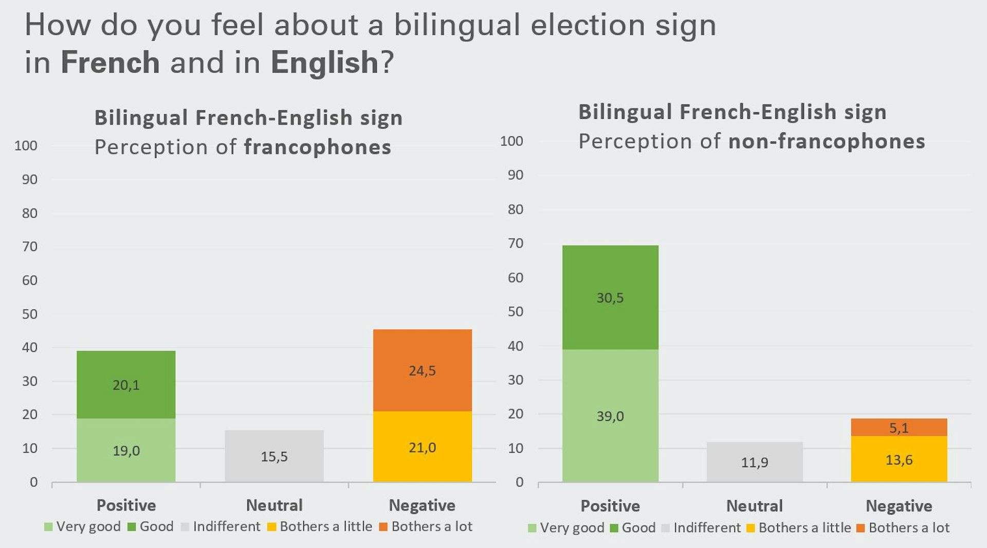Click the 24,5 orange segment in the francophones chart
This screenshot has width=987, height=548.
422,370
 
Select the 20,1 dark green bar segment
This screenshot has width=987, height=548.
126,385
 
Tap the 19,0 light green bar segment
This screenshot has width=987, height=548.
126,451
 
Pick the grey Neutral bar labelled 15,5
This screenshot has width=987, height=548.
274,456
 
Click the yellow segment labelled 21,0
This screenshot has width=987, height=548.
422,447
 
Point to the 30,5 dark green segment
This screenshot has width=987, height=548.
610,297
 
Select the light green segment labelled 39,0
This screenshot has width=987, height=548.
610,416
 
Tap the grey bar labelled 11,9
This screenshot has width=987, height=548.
754,462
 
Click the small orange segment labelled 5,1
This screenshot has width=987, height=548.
899,428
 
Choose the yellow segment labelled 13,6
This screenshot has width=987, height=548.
899,459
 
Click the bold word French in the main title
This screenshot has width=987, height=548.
110,62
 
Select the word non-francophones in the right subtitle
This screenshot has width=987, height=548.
827,142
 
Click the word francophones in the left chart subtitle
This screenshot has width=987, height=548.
317,147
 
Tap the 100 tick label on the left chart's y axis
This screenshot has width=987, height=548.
26,146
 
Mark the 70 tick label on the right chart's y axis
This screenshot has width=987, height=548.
515,243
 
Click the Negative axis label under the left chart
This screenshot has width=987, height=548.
422,505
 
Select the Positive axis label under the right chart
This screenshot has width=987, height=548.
610,506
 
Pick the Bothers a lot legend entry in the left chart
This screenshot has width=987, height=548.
431,526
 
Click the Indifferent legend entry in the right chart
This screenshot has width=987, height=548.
706,528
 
